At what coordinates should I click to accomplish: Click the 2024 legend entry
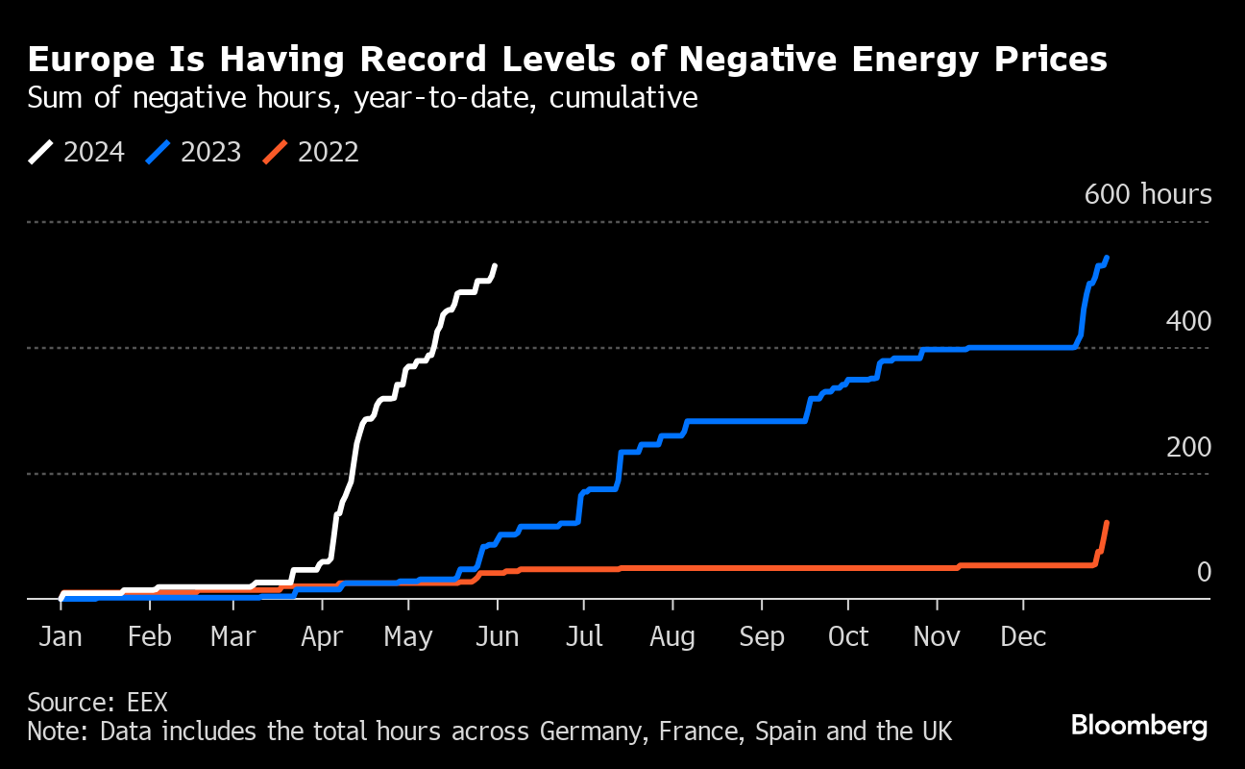tap(77, 152)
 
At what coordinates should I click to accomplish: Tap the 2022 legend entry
tap(311, 152)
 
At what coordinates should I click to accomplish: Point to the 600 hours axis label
tap(1148, 194)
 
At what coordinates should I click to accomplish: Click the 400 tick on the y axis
tap(1189, 321)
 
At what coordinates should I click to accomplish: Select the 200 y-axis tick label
tap(1189, 447)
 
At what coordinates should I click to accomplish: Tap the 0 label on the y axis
tap(1204, 573)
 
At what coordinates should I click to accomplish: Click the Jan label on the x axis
tap(61, 636)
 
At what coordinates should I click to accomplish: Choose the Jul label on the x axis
tap(583, 636)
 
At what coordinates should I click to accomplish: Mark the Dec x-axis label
tap(1024, 636)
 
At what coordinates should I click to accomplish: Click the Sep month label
tap(762, 636)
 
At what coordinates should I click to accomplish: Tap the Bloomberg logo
tap(1139, 725)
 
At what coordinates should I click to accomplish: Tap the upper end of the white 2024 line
tap(495, 265)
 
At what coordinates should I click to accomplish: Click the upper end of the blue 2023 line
tap(1108, 258)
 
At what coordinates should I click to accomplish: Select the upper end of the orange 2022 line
tap(1107, 523)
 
